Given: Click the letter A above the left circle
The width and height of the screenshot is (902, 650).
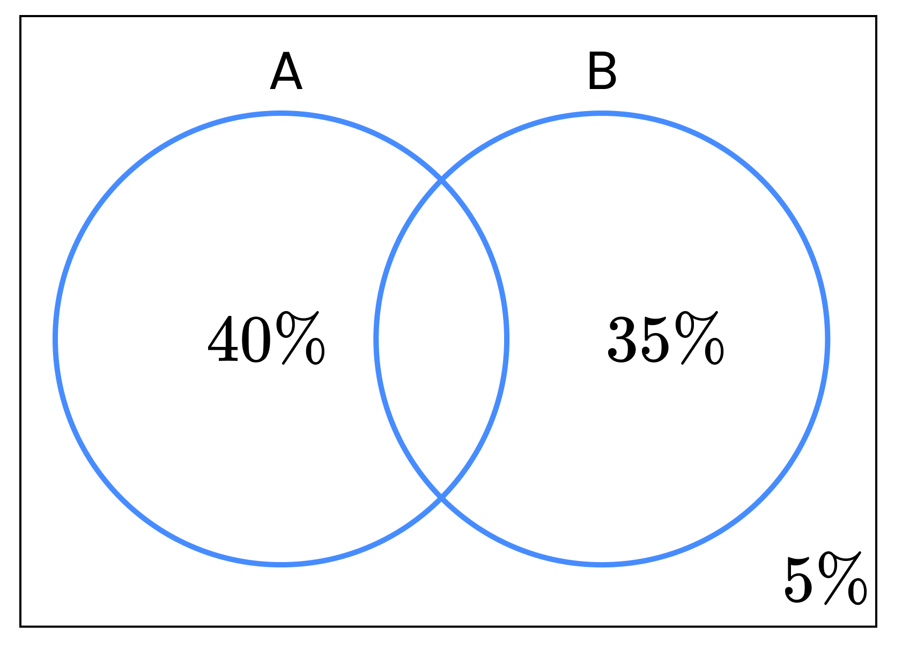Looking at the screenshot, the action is pos(286,70).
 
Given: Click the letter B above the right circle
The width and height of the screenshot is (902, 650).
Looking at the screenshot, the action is pos(602,70).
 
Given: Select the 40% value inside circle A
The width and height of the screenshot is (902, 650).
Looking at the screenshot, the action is pos(266,338).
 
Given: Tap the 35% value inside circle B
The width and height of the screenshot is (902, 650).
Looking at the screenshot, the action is pos(666,338).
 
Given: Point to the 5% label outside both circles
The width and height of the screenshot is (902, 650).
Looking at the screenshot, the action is pos(825,578).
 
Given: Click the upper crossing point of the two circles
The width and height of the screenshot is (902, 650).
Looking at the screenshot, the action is pos(441,180).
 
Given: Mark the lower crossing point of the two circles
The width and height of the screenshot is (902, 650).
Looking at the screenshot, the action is pos(441,498).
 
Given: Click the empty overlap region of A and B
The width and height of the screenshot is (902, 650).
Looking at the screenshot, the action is pos(441,339).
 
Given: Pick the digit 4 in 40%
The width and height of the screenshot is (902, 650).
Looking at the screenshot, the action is pos(223,339).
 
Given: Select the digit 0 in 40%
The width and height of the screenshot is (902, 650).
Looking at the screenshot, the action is pos(256,339).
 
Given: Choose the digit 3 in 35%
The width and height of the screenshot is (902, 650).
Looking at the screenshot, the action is pos(622,339).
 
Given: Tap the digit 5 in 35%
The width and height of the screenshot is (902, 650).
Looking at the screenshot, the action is pos(655,339).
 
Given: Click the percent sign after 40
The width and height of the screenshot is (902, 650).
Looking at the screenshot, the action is pos(300,338).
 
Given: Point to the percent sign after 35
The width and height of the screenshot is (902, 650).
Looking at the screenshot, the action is pos(699,338).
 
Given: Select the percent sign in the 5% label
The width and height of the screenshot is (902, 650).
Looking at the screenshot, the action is pos(842,578).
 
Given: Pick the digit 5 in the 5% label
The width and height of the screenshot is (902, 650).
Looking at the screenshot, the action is pos(798,580).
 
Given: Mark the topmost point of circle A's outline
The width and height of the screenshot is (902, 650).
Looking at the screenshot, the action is pos(281,113).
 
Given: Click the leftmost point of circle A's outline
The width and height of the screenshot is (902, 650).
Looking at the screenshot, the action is pos(56,339).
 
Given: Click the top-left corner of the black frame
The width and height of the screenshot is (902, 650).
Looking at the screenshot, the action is pos(20,16).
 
